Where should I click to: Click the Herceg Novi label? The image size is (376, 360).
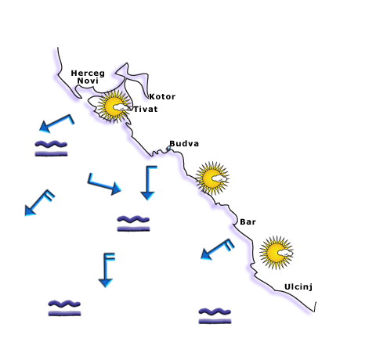88,77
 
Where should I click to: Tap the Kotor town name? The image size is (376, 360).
162,97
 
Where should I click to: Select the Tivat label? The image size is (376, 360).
146,109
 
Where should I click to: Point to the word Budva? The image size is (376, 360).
184,143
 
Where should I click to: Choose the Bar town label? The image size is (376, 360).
248,221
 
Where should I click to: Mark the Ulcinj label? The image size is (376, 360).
298,287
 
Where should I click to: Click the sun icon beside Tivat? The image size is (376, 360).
114,106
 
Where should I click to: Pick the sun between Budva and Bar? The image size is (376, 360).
212,178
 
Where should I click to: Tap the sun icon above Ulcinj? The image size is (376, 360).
276,253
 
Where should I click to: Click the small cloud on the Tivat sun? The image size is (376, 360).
121,107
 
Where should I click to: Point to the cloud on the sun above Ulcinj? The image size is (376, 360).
285,253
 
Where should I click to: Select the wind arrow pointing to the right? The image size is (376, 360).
104,185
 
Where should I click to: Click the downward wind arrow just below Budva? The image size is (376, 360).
148,182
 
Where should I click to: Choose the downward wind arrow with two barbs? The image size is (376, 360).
106,270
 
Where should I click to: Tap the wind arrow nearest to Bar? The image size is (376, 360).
217,249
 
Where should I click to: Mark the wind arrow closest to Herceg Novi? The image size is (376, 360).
56,124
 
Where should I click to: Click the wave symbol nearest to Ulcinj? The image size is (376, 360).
215,316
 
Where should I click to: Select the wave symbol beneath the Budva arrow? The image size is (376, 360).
133,224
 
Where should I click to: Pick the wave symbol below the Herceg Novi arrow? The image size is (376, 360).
51,149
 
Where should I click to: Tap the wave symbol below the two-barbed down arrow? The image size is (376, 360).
64,308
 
